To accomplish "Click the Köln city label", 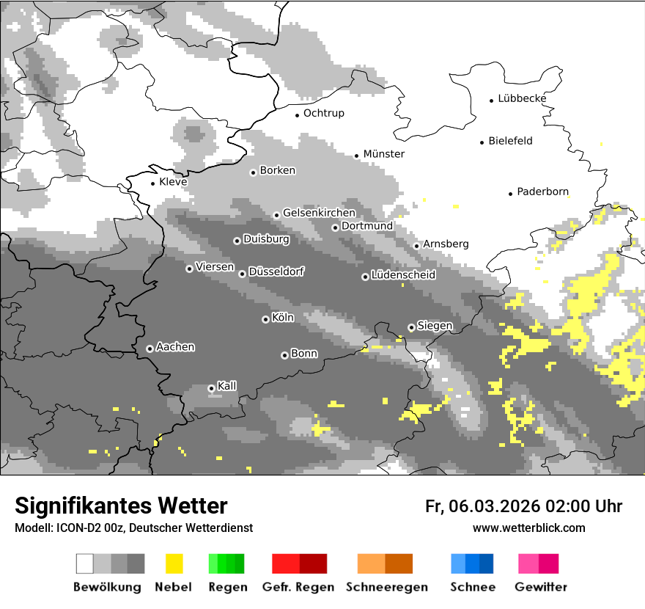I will pos(282,318).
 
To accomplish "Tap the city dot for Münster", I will pos(356,156).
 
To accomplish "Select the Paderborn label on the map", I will pos(542,192).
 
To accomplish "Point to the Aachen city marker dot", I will pos(150,349).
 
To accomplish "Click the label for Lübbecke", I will pos(522,98).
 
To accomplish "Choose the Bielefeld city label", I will pos(510,141).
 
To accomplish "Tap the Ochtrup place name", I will pos(323,113).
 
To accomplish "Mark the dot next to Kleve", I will pos(152,183).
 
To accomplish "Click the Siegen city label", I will pos(435,326).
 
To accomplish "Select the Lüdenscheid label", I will pos(403,275).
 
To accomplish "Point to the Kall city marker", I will pos(211,388).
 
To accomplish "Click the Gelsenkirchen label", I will pos(319,213).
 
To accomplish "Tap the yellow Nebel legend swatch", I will pos(174,564).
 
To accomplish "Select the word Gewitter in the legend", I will pos(540,587).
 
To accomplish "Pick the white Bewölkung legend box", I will pos(85,564).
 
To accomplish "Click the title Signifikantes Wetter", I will pos(121,506).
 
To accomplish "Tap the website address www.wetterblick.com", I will pos(528,528).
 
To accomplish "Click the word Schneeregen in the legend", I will pos(386,587).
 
